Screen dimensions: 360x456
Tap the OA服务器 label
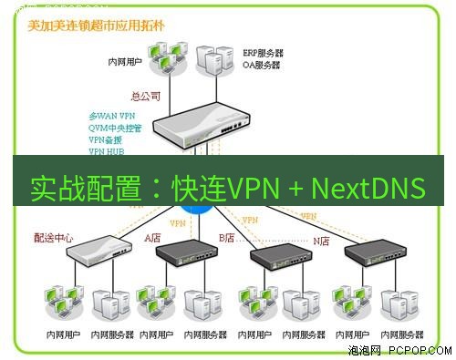[x=262, y=66]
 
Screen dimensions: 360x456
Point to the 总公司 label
[x=146, y=94]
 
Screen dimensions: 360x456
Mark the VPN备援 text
[x=106, y=139]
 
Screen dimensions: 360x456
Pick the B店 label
[x=226, y=238]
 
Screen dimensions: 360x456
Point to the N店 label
[x=321, y=241]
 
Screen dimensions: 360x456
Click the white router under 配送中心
[x=97, y=249]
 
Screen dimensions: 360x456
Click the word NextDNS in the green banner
[x=368, y=188]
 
